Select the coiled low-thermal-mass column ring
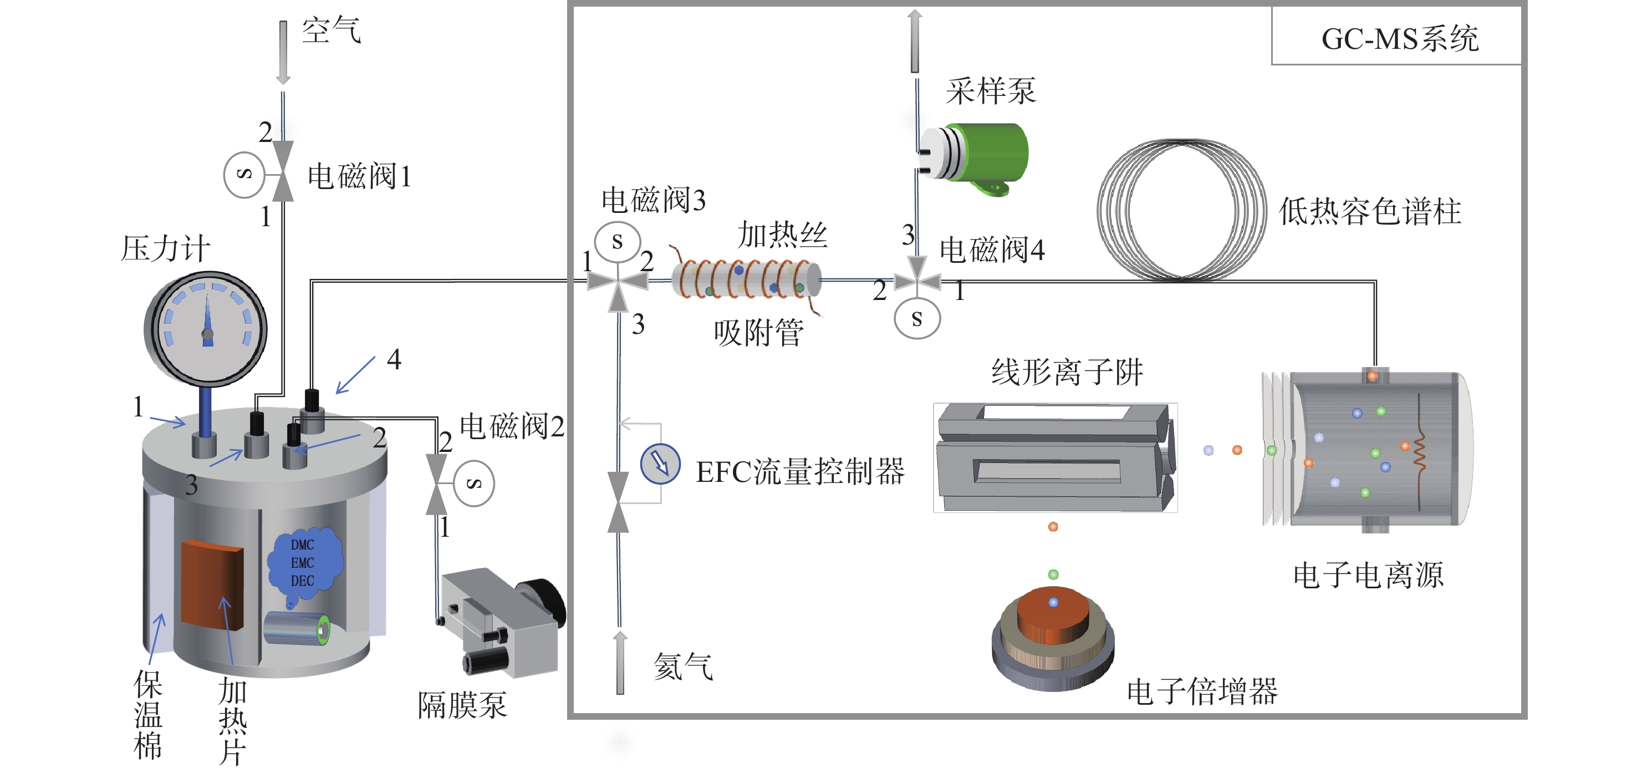[x=1181, y=210]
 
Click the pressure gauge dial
[x=206, y=329]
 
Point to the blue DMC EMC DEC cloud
[x=303, y=563]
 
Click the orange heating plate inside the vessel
[x=212, y=584]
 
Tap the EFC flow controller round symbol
[x=660, y=464]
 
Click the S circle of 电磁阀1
[x=244, y=174]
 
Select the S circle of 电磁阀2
[x=474, y=483]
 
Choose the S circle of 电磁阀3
[x=617, y=242]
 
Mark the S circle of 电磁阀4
[x=917, y=318]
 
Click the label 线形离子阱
[x=1068, y=372]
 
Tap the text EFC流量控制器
[x=800, y=472]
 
